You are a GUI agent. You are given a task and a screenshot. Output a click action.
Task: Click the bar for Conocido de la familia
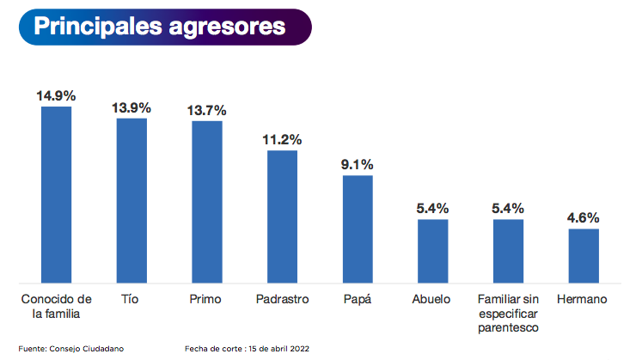pos(56,194)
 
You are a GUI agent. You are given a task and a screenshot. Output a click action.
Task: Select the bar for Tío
pos(131,199)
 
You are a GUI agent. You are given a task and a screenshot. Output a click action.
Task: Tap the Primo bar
pos(207,201)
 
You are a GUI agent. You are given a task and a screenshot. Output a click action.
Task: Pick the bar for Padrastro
pos(282,216)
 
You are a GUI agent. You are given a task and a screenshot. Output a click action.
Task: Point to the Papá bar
pos(358,229)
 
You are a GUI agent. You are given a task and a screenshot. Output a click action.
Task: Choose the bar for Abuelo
pos(432,250)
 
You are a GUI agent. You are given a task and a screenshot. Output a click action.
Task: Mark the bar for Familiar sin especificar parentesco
pos(508,250)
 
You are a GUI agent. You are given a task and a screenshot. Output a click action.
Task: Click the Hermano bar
pos(584,255)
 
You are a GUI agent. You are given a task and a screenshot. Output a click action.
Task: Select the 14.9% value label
pos(56,95)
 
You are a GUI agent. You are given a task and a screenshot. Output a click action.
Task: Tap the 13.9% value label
pos(131,107)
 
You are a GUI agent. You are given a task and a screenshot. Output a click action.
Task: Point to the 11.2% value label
pos(282,139)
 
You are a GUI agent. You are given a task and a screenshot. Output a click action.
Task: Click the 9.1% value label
pos(358,164)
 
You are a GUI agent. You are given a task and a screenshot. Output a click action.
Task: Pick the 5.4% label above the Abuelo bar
pos(432,208)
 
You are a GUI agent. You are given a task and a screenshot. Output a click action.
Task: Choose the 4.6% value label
pos(584,217)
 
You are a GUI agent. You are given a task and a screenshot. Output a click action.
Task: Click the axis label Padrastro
pos(282,299)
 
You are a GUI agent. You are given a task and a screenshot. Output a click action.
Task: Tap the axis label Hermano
pos(582,299)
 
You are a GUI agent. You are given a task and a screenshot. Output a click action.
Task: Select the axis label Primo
pos(205,299)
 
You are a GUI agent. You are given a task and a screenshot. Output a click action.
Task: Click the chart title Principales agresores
pos(160,27)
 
